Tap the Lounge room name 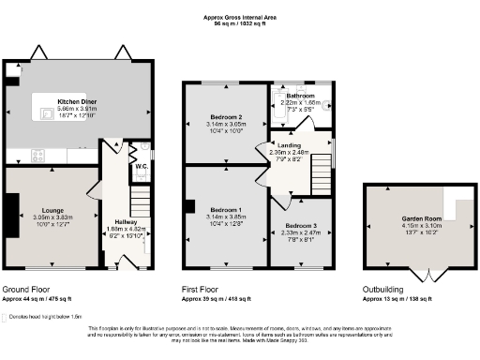click(x=52, y=211)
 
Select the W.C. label click(x=140, y=167)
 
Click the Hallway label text click(x=126, y=221)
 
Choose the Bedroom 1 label click(x=226, y=209)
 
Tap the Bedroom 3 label click(x=300, y=227)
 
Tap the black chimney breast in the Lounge click(x=8, y=216)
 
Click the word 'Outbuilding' click(x=384, y=290)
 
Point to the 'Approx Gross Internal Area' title click(x=239, y=16)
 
